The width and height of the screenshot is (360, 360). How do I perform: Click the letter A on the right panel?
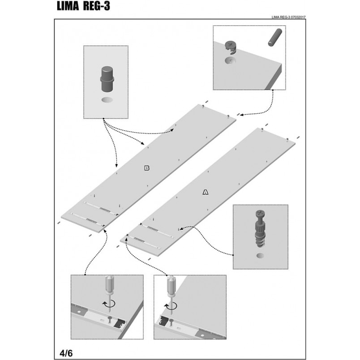click(x=206, y=192)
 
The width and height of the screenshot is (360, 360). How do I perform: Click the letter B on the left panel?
click(x=147, y=168)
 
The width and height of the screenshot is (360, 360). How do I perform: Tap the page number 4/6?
click(x=66, y=353)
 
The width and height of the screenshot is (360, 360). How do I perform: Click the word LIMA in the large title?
click(x=68, y=6)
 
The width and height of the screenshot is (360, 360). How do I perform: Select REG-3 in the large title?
click(x=96, y=6)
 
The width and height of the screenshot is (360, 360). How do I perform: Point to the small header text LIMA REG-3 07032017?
click(x=288, y=17)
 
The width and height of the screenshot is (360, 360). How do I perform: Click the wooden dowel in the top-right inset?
click(x=275, y=38)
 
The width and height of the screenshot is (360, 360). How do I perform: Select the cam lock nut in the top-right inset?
click(x=231, y=48)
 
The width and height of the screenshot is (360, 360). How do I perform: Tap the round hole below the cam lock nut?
click(x=230, y=61)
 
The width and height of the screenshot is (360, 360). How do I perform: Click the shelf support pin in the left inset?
click(x=107, y=79)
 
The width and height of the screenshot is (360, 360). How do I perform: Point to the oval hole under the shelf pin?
click(x=107, y=100)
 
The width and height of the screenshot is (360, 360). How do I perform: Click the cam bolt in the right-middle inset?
click(x=260, y=228)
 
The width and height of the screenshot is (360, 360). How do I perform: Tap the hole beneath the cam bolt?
click(x=260, y=255)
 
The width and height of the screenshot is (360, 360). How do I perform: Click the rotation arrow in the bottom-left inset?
click(x=109, y=304)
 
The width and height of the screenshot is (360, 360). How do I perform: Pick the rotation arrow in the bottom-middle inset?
click(x=170, y=305)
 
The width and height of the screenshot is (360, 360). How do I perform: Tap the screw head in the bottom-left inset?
click(x=110, y=318)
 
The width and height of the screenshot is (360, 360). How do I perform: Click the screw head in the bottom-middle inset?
click(x=171, y=320)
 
